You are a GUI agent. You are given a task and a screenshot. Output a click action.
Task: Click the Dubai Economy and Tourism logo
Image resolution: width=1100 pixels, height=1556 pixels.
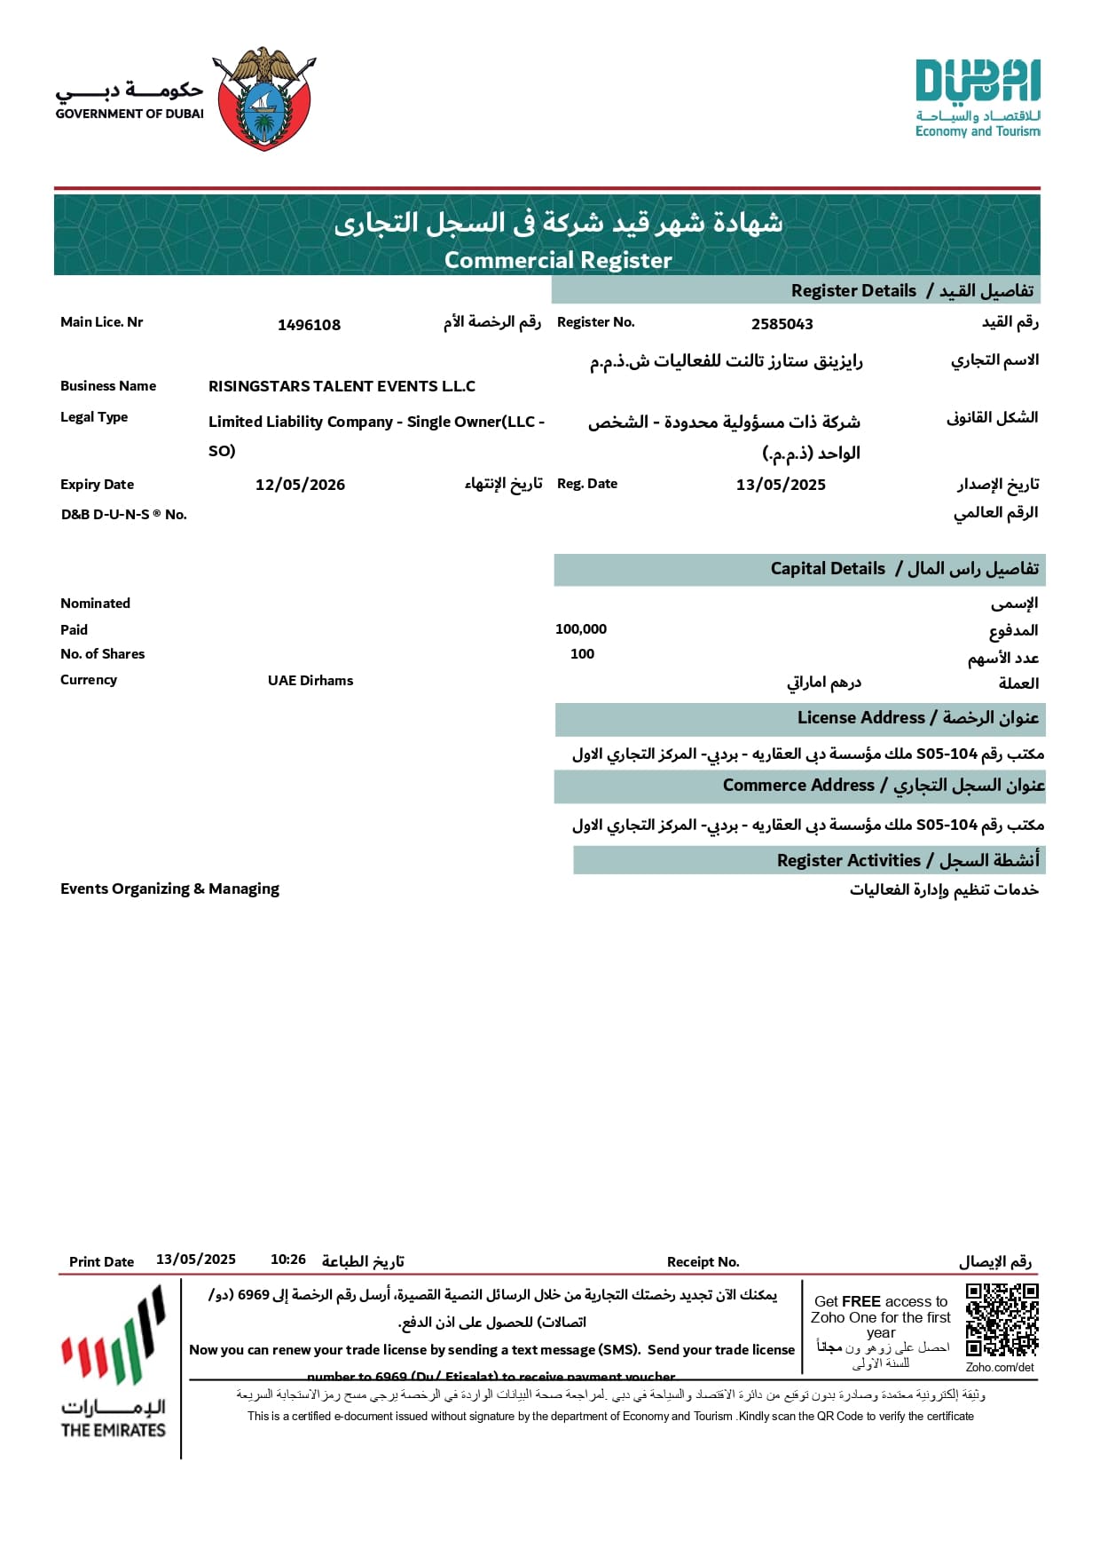click(x=978, y=98)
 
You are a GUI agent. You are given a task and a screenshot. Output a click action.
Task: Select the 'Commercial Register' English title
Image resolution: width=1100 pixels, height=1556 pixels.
click(x=558, y=260)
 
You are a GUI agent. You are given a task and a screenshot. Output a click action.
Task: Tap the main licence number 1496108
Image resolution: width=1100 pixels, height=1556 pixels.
click(x=309, y=325)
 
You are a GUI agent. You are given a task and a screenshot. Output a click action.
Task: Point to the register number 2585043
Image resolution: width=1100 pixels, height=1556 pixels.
click(x=782, y=324)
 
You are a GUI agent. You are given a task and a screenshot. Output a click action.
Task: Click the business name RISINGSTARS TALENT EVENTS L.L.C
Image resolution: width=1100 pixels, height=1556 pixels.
click(x=342, y=386)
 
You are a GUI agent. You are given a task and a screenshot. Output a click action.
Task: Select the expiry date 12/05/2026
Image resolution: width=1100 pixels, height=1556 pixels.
click(x=300, y=485)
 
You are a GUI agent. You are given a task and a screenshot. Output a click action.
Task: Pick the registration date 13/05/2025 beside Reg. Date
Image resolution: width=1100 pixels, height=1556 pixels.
click(x=781, y=485)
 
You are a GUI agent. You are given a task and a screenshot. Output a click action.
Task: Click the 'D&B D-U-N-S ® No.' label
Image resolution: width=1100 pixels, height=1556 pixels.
click(x=123, y=515)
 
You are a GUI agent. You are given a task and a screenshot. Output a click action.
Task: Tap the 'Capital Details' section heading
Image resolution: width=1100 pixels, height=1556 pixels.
click(x=828, y=569)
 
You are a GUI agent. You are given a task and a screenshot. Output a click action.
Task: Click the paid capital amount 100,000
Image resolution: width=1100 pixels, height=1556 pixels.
click(x=581, y=629)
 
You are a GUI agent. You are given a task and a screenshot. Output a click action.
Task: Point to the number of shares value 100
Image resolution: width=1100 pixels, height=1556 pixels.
click(x=582, y=654)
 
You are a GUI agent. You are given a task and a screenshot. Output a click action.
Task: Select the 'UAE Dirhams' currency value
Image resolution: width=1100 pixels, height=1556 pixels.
click(x=310, y=681)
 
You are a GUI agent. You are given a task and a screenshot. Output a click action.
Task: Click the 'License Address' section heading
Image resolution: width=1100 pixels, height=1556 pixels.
click(x=860, y=718)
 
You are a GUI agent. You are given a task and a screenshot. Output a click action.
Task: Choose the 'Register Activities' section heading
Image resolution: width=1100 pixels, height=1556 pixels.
click(x=849, y=860)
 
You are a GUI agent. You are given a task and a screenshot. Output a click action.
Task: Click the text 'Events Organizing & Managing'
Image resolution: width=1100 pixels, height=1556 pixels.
click(x=169, y=889)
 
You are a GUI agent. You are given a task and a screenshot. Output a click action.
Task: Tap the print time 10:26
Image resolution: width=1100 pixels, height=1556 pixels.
click(x=288, y=1260)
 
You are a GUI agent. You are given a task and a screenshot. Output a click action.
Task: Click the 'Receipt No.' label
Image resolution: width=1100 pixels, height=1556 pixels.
click(x=703, y=1262)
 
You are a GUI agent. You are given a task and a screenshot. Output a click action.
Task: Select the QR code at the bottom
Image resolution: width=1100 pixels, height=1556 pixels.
click(x=1002, y=1320)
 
